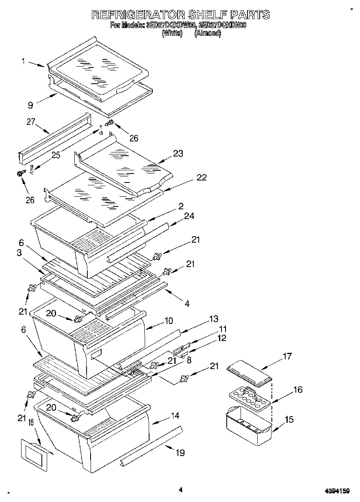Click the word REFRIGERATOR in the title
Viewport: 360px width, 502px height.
[137, 15]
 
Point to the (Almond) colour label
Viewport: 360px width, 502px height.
[208, 34]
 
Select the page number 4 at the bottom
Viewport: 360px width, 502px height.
[180, 490]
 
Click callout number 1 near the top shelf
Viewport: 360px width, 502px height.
[23, 61]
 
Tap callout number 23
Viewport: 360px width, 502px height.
[178, 154]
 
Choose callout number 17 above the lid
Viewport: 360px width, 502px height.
[287, 356]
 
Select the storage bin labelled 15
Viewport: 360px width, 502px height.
[248, 427]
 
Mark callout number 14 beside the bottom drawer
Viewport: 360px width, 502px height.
[175, 415]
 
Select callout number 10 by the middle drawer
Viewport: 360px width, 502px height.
[168, 321]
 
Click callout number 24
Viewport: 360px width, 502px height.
[189, 216]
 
